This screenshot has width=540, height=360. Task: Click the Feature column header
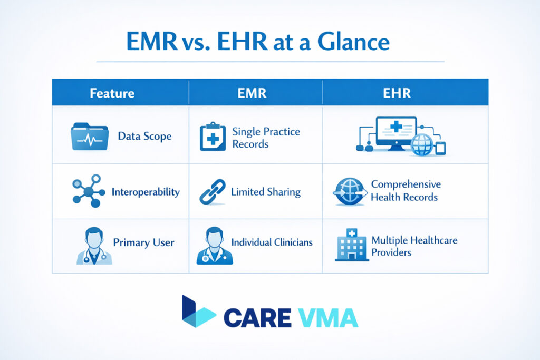112,94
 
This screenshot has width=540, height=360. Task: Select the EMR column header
252,94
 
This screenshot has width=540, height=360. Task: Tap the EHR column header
405,94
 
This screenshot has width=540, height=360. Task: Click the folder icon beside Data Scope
89,136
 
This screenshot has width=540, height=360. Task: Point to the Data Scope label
144,137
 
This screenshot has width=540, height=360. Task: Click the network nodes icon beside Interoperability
86,191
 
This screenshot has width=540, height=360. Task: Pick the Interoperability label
146,192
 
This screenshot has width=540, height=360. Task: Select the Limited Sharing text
266,192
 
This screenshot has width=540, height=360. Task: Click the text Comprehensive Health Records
406,191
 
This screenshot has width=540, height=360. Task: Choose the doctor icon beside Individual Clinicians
211,246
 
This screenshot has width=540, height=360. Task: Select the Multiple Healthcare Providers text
414,246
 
